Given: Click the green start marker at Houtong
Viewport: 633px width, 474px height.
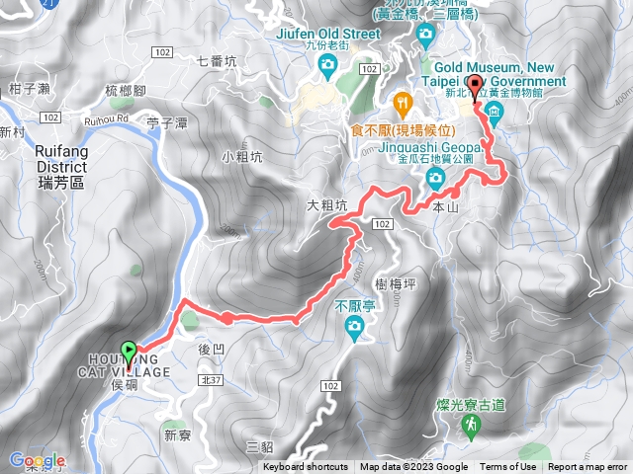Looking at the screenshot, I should pos(129,352).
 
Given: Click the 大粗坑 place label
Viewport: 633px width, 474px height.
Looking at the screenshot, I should pos(327,206).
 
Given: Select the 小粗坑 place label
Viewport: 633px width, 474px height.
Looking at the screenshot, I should pos(241,156).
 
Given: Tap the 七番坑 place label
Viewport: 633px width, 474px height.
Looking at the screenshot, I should pos(218,60).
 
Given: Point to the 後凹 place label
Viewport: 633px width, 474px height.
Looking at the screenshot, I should pos(212,350).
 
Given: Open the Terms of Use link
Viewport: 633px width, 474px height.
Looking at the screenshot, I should pos(508,467).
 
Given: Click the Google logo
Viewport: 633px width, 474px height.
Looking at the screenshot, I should pos(38,461).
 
